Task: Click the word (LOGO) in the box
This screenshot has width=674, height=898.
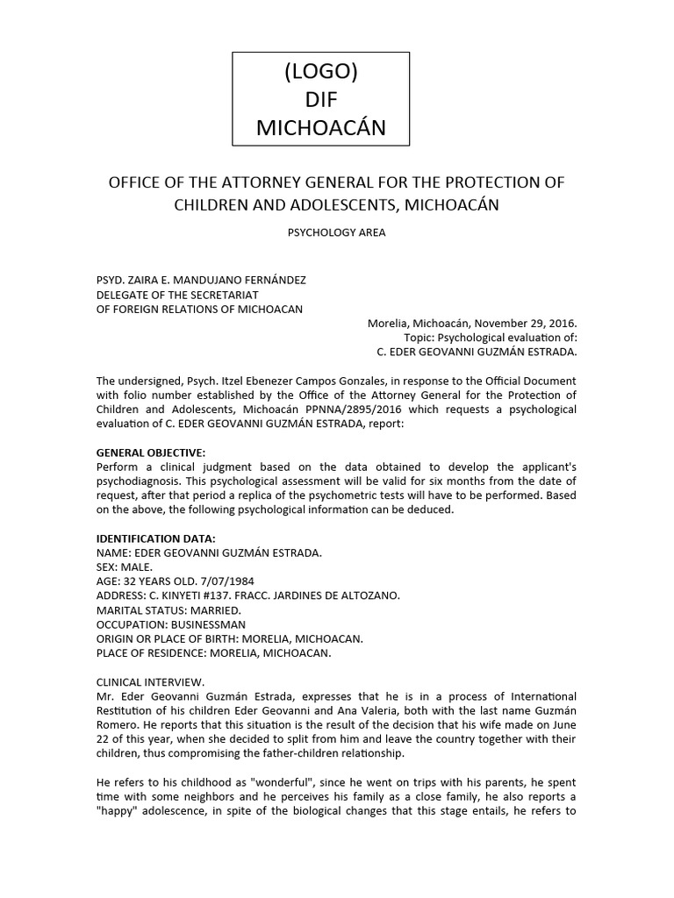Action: pos(320,71)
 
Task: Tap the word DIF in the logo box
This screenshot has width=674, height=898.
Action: pos(320,99)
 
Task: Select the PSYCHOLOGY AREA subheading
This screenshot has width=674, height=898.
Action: pos(336,233)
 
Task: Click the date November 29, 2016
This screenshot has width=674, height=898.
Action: pos(524,322)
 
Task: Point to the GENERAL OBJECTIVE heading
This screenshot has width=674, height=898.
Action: pos(150,453)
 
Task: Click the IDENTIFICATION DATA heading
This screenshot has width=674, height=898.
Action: pos(155,538)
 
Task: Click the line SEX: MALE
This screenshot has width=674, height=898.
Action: pos(125,567)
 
